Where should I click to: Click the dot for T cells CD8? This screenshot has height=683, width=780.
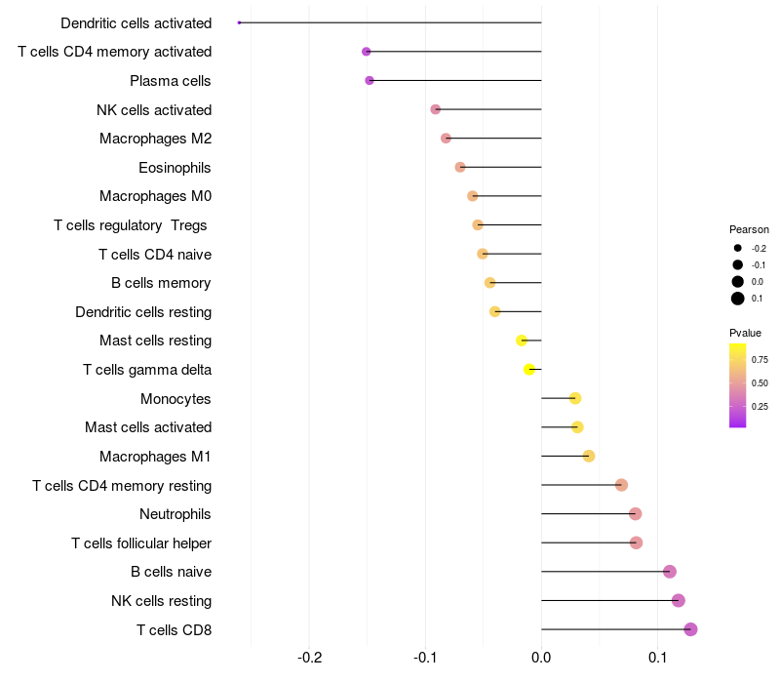coord(690,629)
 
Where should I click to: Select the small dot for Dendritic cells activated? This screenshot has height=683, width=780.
coord(239,22)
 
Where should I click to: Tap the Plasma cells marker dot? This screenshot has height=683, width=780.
coord(370,81)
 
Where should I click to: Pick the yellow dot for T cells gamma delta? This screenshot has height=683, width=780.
coord(529,370)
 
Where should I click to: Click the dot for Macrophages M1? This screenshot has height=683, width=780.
coord(589,456)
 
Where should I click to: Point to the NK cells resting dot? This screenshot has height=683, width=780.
coord(678,600)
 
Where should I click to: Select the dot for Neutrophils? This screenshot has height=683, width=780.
coord(635,514)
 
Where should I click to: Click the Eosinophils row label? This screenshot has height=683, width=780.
coord(175,168)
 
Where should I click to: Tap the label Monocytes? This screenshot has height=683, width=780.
coord(175,399)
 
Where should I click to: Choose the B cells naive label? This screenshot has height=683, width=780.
coord(172,572)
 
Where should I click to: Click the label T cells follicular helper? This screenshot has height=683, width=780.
coord(141,543)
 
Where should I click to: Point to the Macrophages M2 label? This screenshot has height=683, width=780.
coord(156,139)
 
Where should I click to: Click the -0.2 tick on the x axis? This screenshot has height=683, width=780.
coord(309,658)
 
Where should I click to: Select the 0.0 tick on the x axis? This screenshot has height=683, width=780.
coord(541,658)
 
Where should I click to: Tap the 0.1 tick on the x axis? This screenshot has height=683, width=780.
coord(657,658)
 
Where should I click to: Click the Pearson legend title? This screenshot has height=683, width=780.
coord(749,229)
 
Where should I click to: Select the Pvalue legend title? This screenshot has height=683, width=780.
coord(745,333)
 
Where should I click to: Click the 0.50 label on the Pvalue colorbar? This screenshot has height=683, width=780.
coord(760,383)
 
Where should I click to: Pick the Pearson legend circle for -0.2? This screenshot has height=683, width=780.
coord(738,248)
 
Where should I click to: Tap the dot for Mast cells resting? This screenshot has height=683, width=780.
coord(522,341)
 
